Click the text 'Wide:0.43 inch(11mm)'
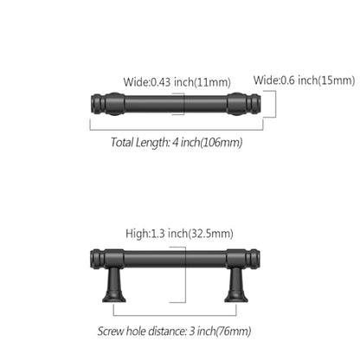[177, 82]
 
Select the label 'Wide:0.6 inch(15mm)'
[304, 80]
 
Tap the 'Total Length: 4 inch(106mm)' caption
[177, 142]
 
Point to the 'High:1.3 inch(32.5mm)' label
[179, 234]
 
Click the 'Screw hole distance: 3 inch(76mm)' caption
[174, 331]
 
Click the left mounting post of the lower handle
[114, 285]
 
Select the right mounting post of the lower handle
[236, 285]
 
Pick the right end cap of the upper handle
[254, 104]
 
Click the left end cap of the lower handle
[97, 258]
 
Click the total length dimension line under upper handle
[177, 130]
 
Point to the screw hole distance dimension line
[175, 315]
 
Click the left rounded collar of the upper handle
[114, 104]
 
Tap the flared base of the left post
[114, 296]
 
